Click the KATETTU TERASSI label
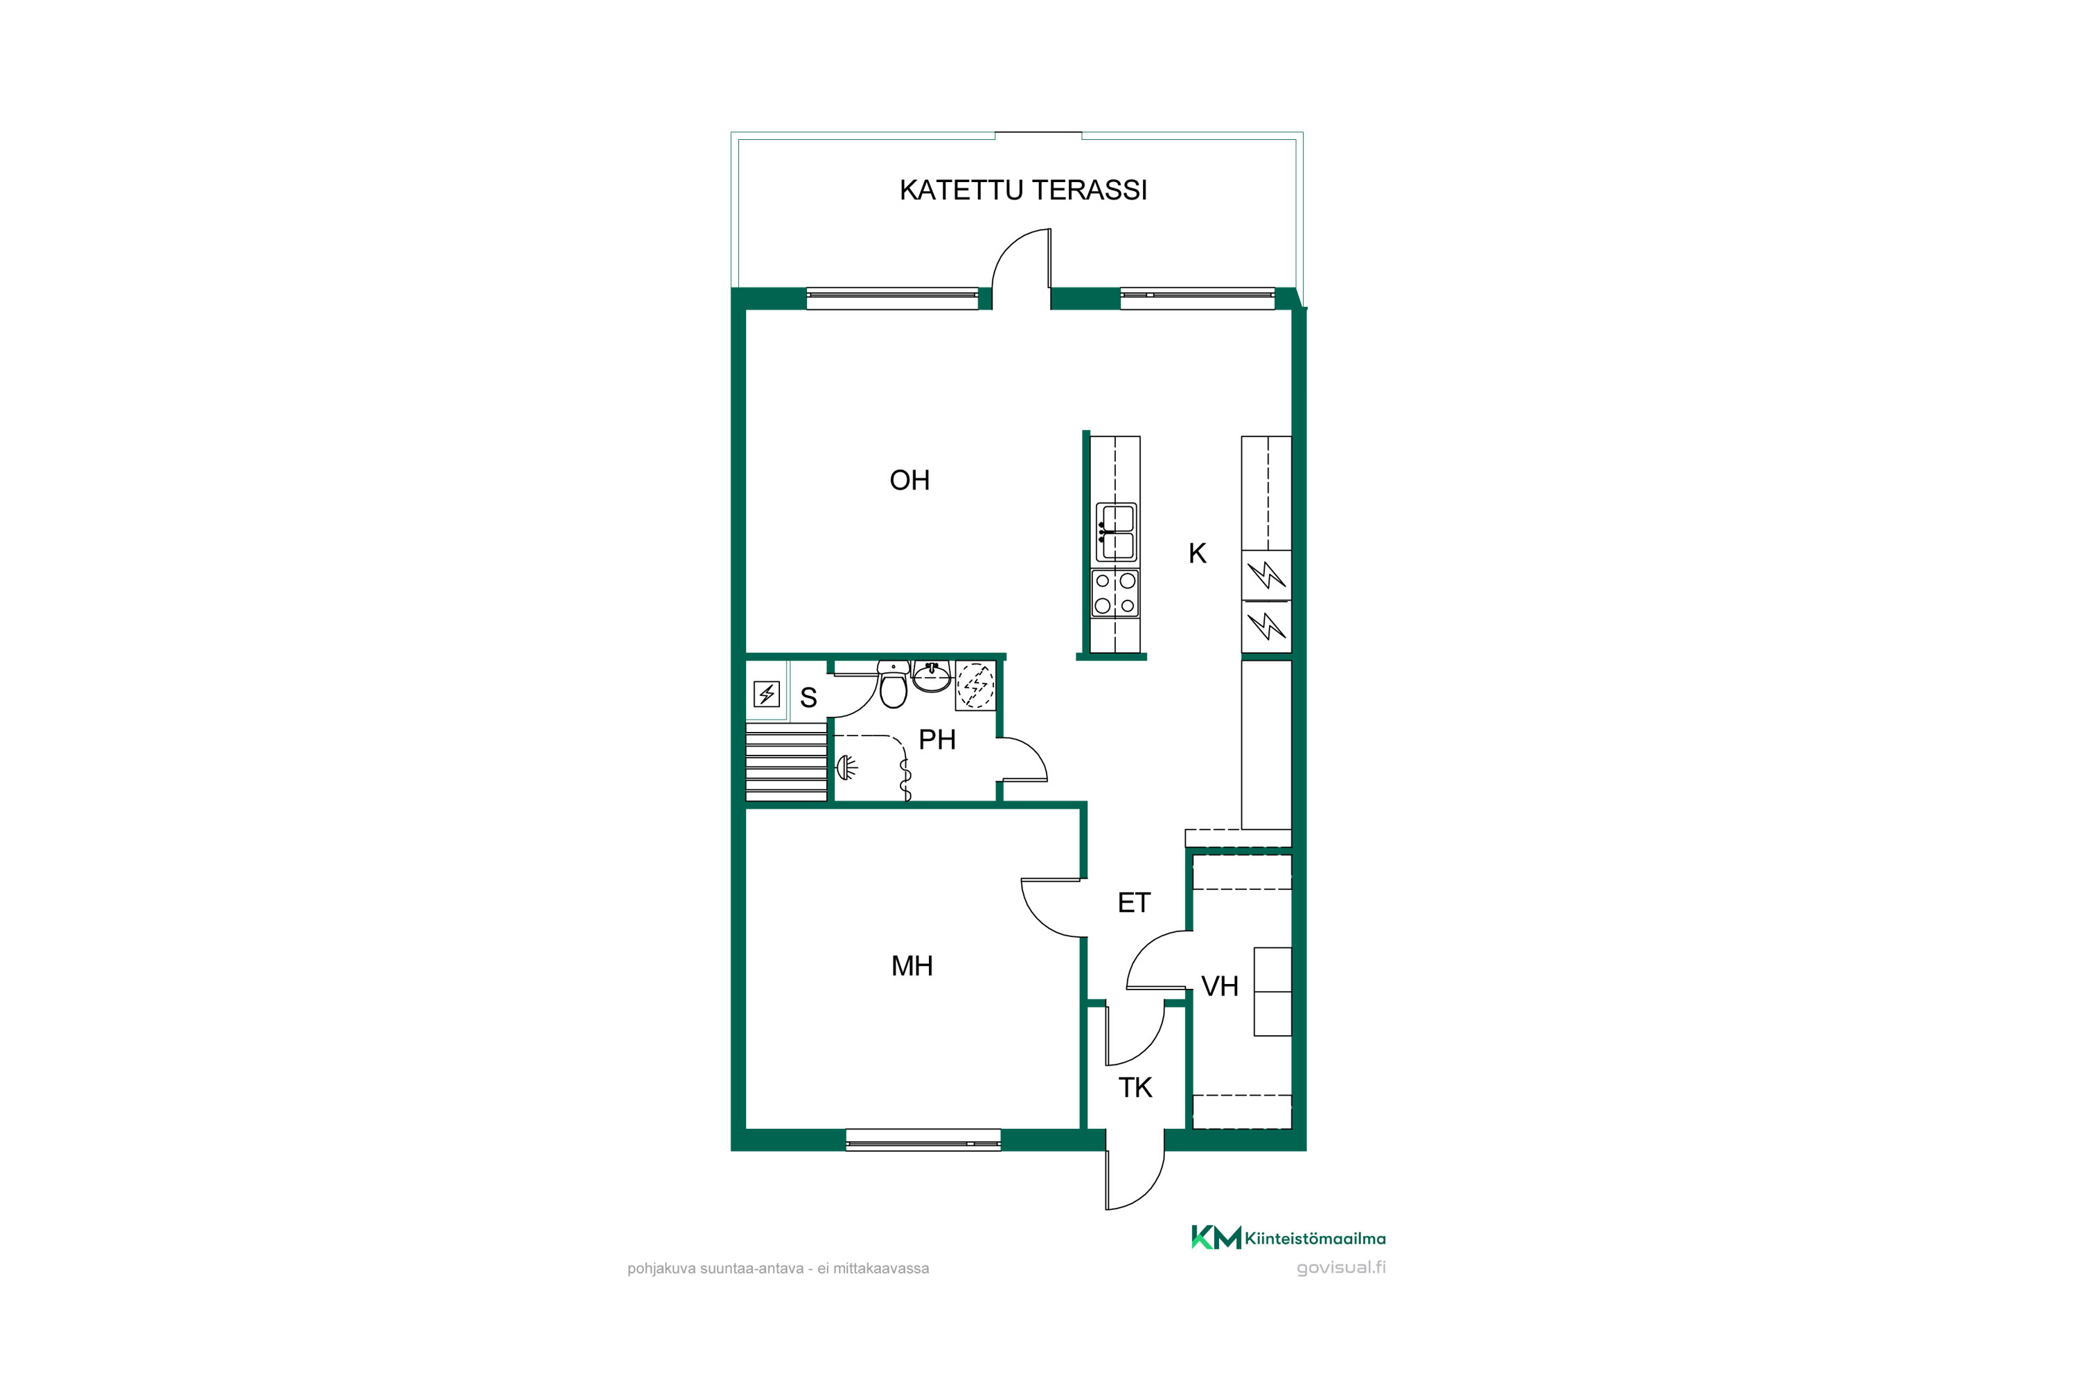point(1023,190)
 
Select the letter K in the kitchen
point(1197,553)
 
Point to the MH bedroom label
point(912,965)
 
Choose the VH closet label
point(1219,985)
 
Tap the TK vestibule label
point(1135,1087)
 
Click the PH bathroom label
point(936,740)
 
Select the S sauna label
point(808,698)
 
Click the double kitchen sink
point(1116,533)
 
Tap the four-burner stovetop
point(1115,593)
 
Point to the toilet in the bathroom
point(894,685)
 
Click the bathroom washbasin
point(931,676)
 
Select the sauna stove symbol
point(766,695)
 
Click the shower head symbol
point(846,767)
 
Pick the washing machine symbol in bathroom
point(975,686)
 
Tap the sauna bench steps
point(786,761)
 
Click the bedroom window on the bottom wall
point(923,1139)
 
